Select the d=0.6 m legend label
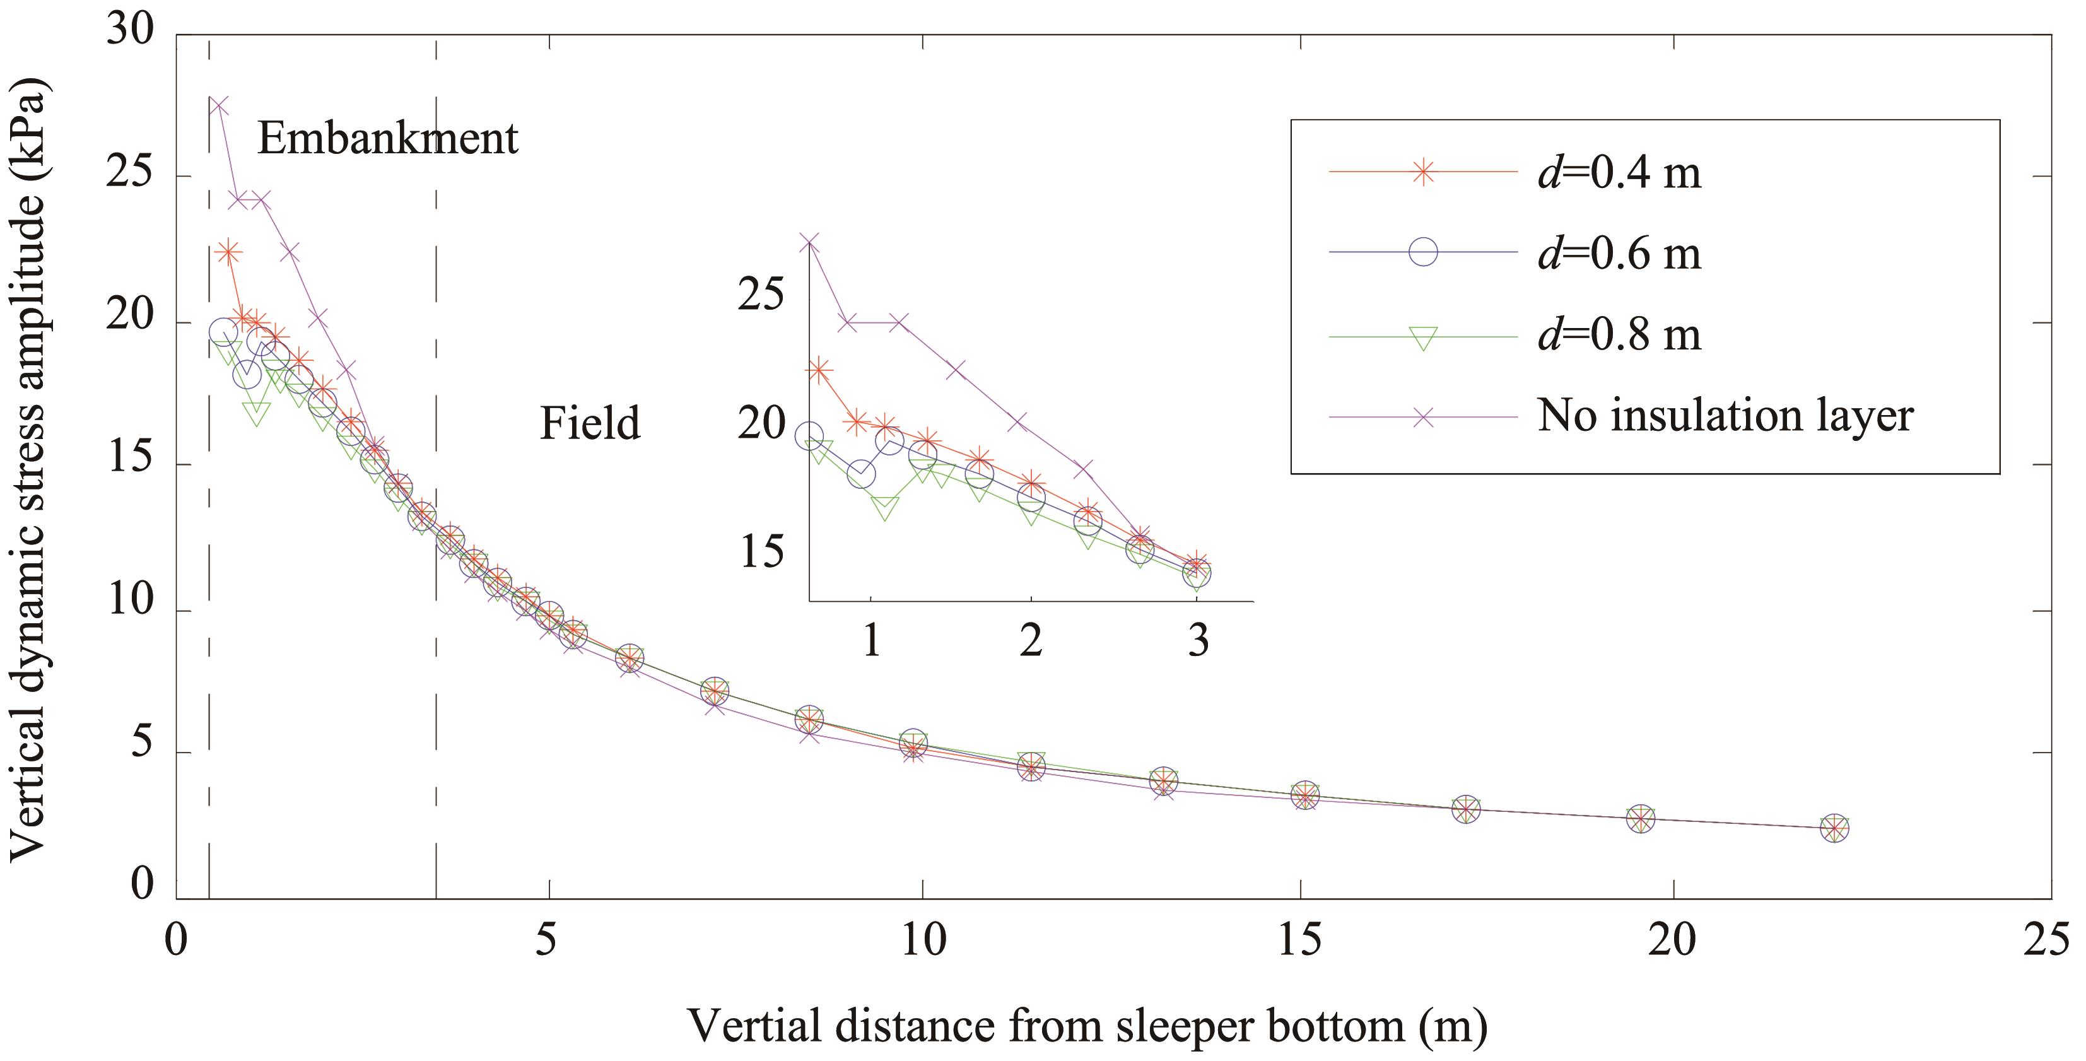click(x=1620, y=254)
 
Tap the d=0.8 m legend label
click(x=1620, y=334)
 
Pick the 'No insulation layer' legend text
click(x=1725, y=416)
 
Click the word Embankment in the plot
click(x=387, y=139)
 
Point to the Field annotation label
click(x=590, y=423)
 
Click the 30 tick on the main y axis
click(x=129, y=32)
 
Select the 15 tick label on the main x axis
click(x=1299, y=939)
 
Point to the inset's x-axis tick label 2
click(x=1030, y=642)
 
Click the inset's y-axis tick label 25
click(x=761, y=294)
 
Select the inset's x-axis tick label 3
click(x=1198, y=642)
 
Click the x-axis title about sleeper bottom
click(x=1087, y=1026)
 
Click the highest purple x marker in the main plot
click(x=218, y=106)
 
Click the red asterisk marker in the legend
click(x=1423, y=172)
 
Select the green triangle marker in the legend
click(x=1423, y=337)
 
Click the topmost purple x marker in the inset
click(x=809, y=242)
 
